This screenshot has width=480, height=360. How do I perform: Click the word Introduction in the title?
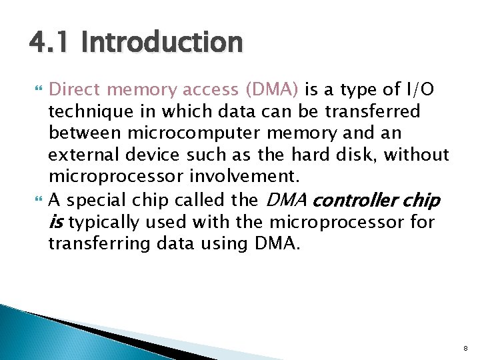pyautogui.click(x=161, y=43)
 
